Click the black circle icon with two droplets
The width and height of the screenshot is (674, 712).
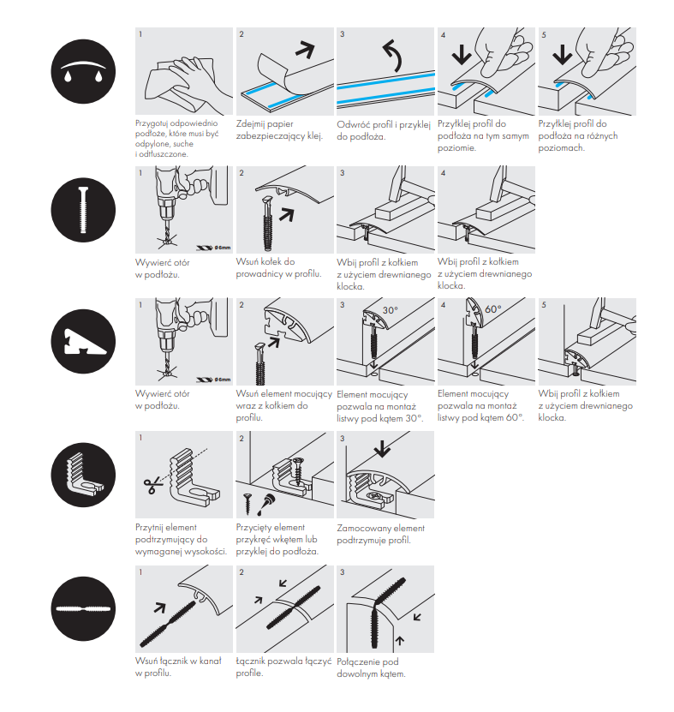click(83, 71)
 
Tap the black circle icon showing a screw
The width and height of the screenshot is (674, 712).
click(83, 210)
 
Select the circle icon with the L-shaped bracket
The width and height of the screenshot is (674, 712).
click(83, 475)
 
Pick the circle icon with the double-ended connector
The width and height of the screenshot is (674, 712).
click(83, 608)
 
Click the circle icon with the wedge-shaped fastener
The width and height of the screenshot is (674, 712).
click(83, 342)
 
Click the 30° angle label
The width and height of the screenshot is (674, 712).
click(391, 310)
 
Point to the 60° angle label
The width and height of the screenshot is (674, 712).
click(493, 309)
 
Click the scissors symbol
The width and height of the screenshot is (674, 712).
click(152, 486)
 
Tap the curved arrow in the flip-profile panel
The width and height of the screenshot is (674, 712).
click(391, 56)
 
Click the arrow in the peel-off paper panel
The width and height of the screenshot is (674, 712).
click(305, 49)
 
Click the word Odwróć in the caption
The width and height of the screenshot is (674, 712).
click(352, 125)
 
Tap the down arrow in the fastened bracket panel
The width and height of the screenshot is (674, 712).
click(382, 448)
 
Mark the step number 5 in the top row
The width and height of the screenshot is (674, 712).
click(544, 35)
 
